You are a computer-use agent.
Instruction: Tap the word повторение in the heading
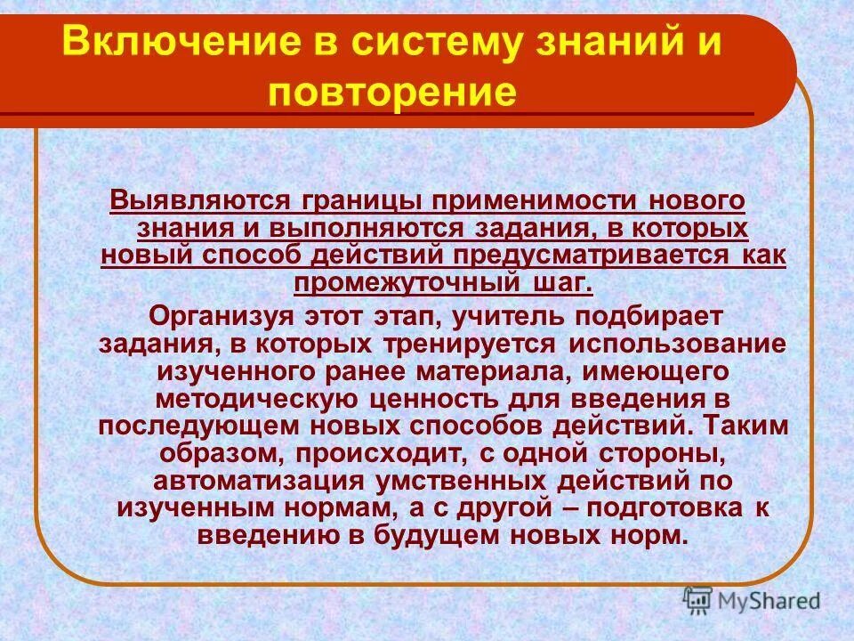(x=391, y=93)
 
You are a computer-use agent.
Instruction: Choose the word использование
(x=678, y=343)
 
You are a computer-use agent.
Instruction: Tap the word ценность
(x=430, y=398)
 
